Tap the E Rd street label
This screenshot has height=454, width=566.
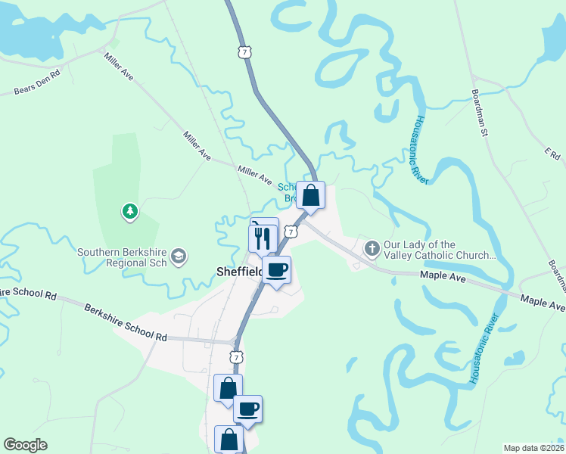click(x=552, y=154)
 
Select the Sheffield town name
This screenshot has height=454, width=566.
click(x=239, y=272)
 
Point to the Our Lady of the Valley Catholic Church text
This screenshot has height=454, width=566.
click(x=439, y=250)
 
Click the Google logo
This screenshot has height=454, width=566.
click(x=25, y=445)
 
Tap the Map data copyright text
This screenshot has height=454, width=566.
click(x=534, y=448)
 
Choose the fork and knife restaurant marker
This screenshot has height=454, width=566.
click(x=260, y=238)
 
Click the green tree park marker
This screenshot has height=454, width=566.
click(x=131, y=212)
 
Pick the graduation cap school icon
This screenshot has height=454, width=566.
click(x=179, y=257)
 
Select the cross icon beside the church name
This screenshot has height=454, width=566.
click(x=372, y=248)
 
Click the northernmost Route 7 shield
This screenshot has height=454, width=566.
click(x=243, y=51)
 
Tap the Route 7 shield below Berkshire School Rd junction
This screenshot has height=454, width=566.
click(x=237, y=356)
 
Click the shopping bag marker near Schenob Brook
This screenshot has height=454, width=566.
click(x=310, y=196)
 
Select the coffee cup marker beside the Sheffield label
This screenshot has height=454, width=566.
click(x=277, y=270)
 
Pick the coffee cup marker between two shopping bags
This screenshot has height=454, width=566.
click(x=247, y=409)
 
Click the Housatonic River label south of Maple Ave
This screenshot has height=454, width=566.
click(x=484, y=348)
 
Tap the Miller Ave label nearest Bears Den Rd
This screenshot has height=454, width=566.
click(x=119, y=67)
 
